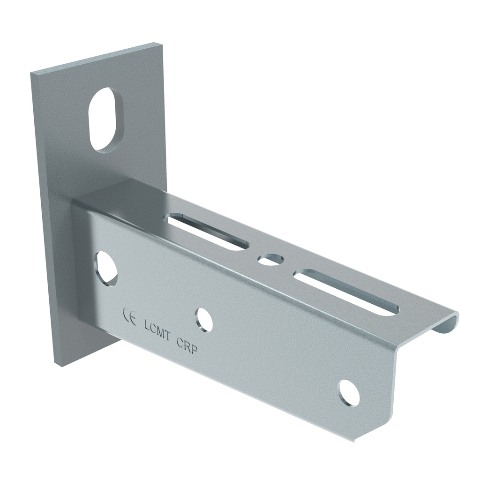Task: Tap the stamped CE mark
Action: pyautogui.click(x=129, y=317)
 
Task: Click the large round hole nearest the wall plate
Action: pyautogui.click(x=106, y=269)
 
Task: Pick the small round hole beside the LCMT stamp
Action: pyautogui.click(x=204, y=320)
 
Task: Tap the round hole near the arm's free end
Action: pyautogui.click(x=349, y=393)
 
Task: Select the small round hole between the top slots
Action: pyautogui.click(x=270, y=259)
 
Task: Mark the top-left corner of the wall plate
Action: pyautogui.click(x=31, y=74)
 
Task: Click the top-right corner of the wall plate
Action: pyautogui.click(x=162, y=44)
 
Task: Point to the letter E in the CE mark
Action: pyautogui.click(x=133, y=319)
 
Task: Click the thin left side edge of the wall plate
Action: pyautogui.click(x=42, y=216)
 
